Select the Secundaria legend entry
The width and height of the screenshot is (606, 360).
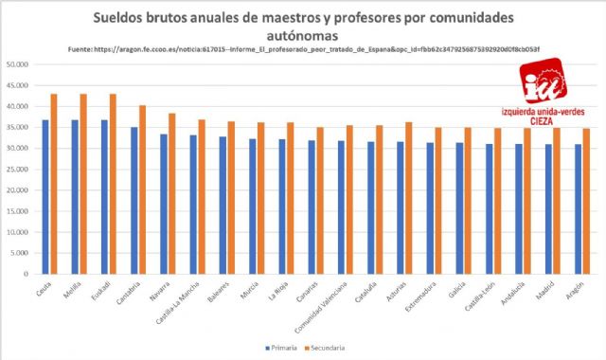[x=322, y=348]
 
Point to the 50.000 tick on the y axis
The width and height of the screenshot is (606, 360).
[x=20, y=64]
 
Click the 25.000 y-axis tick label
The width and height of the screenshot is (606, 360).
[x=20, y=170]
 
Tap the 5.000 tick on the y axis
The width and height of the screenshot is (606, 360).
[x=22, y=253]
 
